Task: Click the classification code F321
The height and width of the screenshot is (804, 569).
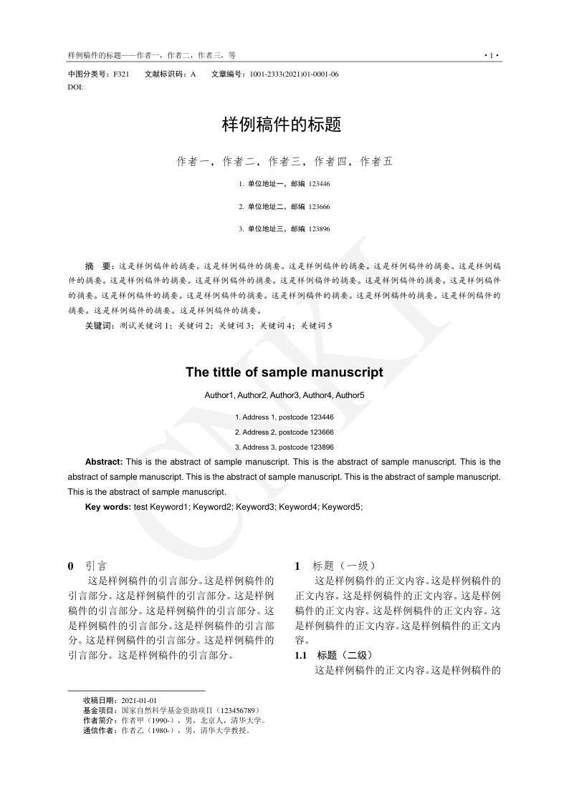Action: [x=121, y=74]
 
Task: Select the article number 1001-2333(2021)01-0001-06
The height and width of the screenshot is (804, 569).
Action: [x=295, y=74]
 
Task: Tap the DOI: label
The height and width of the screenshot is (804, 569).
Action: [x=75, y=86]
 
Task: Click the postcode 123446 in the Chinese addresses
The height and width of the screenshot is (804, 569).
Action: [x=320, y=184]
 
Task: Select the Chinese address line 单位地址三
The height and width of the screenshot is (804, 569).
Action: [x=267, y=229]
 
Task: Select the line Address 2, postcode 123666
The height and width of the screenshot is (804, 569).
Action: [x=284, y=432]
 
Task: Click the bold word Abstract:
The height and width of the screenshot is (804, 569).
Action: [x=104, y=462]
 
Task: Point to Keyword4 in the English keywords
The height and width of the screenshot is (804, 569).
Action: [x=298, y=507]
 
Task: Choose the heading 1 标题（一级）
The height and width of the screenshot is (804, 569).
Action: [x=335, y=566]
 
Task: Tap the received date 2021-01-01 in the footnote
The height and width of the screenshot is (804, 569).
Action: [x=140, y=699]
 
